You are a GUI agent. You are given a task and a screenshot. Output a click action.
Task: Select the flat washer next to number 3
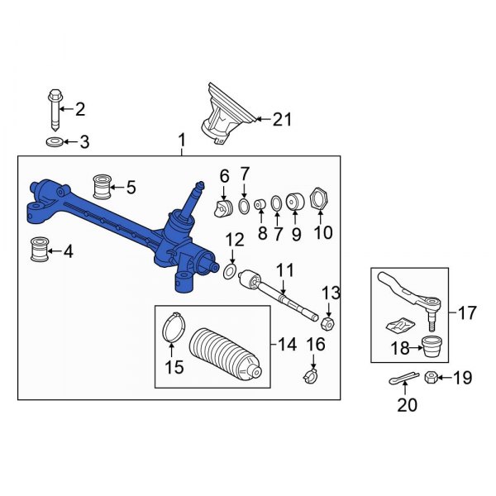[55, 143]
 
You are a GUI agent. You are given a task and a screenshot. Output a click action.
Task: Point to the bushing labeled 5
[105, 187]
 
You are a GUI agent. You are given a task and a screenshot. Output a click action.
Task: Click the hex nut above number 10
[318, 201]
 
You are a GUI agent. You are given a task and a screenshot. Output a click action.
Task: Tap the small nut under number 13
[327, 322]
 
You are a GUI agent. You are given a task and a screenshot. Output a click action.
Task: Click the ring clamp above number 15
[170, 326]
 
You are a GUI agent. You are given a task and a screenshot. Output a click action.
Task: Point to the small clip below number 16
[312, 378]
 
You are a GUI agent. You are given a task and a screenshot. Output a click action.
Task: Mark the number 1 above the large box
[182, 145]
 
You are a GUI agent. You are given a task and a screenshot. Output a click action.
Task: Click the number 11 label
[284, 269]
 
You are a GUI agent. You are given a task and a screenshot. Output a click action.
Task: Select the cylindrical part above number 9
[293, 203]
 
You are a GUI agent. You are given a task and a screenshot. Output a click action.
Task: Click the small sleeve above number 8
[261, 204]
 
